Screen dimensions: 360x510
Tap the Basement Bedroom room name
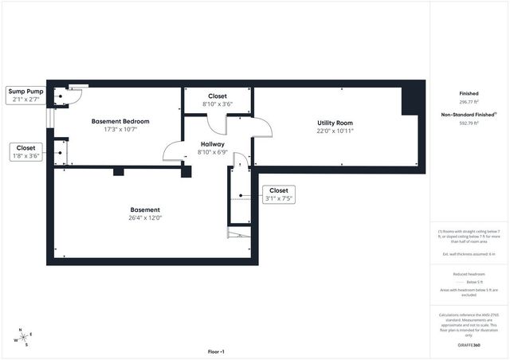(120, 121)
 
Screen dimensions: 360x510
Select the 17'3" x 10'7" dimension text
(120, 130)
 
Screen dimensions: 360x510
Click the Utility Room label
(335, 122)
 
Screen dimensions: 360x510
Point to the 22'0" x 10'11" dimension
(335, 131)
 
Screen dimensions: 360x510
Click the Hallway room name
(212, 144)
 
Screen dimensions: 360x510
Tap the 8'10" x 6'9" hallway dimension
(212, 152)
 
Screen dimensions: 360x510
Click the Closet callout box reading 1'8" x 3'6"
(25, 151)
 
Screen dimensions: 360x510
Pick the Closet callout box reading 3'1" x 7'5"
(279, 194)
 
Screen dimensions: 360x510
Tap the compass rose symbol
(23, 338)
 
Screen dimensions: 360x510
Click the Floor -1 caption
(216, 351)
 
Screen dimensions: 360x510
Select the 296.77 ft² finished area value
(469, 102)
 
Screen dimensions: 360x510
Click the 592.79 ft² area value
(469, 123)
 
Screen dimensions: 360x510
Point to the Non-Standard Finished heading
(469, 115)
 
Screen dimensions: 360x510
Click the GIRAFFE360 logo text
(469, 346)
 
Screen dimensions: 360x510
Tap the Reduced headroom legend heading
(469, 273)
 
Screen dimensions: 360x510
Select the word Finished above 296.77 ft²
(469, 93)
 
